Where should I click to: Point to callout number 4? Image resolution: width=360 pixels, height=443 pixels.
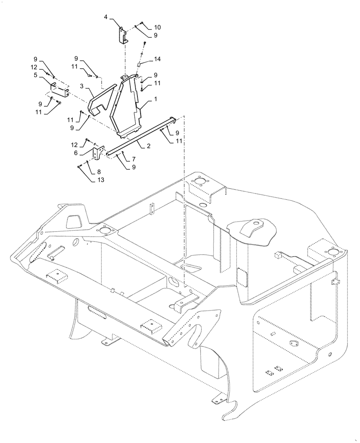coord(106,17)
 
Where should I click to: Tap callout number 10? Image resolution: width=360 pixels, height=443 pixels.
coord(157,27)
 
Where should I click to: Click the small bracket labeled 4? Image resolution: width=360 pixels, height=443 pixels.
coord(122,35)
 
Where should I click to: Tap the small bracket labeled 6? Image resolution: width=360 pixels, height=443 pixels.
coord(96,154)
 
